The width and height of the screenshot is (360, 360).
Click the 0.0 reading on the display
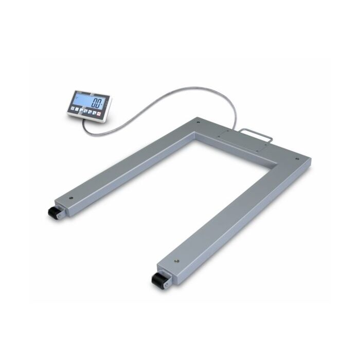96,101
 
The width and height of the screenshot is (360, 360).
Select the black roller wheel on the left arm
53,213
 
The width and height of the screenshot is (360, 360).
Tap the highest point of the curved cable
206,88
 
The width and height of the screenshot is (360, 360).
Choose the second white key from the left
79,110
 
